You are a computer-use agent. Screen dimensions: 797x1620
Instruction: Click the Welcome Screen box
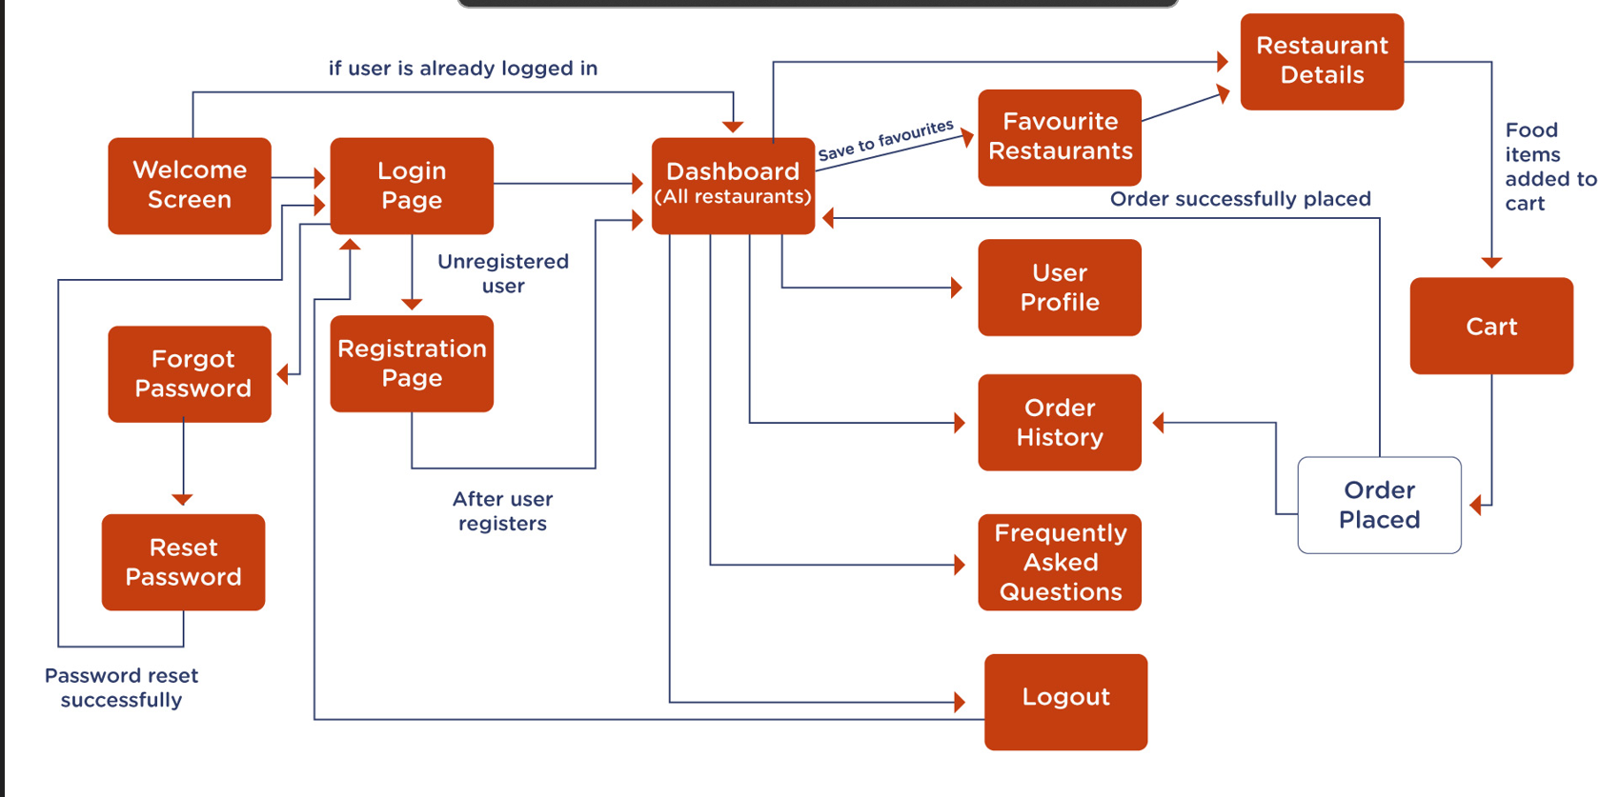[190, 186]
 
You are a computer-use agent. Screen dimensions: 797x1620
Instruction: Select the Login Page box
[412, 186]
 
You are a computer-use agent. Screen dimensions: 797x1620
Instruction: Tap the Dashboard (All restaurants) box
[733, 186]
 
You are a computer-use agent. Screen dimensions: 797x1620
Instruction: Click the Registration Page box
[412, 363]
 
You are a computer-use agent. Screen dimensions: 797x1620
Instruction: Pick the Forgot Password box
[190, 373]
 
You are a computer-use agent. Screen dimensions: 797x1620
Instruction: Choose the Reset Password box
[183, 562]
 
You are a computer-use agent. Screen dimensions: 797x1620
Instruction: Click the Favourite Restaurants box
[1060, 137]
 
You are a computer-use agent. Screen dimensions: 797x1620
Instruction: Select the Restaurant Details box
[1322, 61]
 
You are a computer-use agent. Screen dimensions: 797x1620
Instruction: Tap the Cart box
[1491, 326]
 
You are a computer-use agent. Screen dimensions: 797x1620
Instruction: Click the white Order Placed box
[1379, 505]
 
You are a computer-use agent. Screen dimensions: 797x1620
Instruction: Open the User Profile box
[1060, 288]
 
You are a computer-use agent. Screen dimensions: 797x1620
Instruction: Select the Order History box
[1060, 422]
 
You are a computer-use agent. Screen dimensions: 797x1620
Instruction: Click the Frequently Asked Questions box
[1060, 562]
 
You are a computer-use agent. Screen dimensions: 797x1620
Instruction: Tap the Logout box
[1065, 702]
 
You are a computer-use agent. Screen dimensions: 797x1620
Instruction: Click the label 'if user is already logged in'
[463, 69]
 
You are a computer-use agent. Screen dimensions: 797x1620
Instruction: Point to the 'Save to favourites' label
[885, 140]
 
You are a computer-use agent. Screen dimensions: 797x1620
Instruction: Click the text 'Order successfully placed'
[1240, 199]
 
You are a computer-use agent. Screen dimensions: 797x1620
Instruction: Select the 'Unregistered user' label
[503, 273]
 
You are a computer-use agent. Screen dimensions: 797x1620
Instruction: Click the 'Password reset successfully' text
[121, 687]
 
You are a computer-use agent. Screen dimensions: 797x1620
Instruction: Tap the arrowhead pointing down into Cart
[1491, 263]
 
